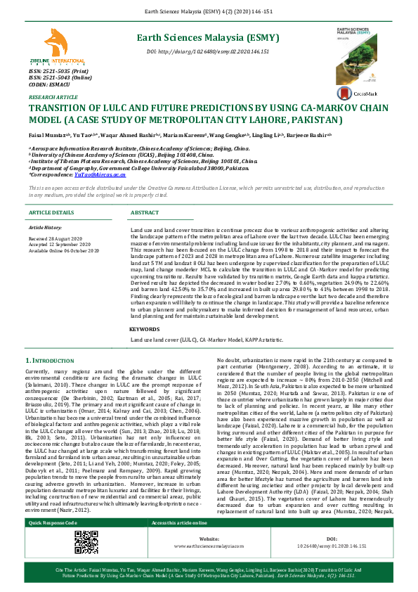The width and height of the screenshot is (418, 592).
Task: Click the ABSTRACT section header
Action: pyautogui.click(x=145, y=212)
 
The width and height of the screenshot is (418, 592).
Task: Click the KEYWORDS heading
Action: pyautogui.click(x=145, y=328)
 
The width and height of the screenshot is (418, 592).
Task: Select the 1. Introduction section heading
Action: pyautogui.click(x=55, y=361)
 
